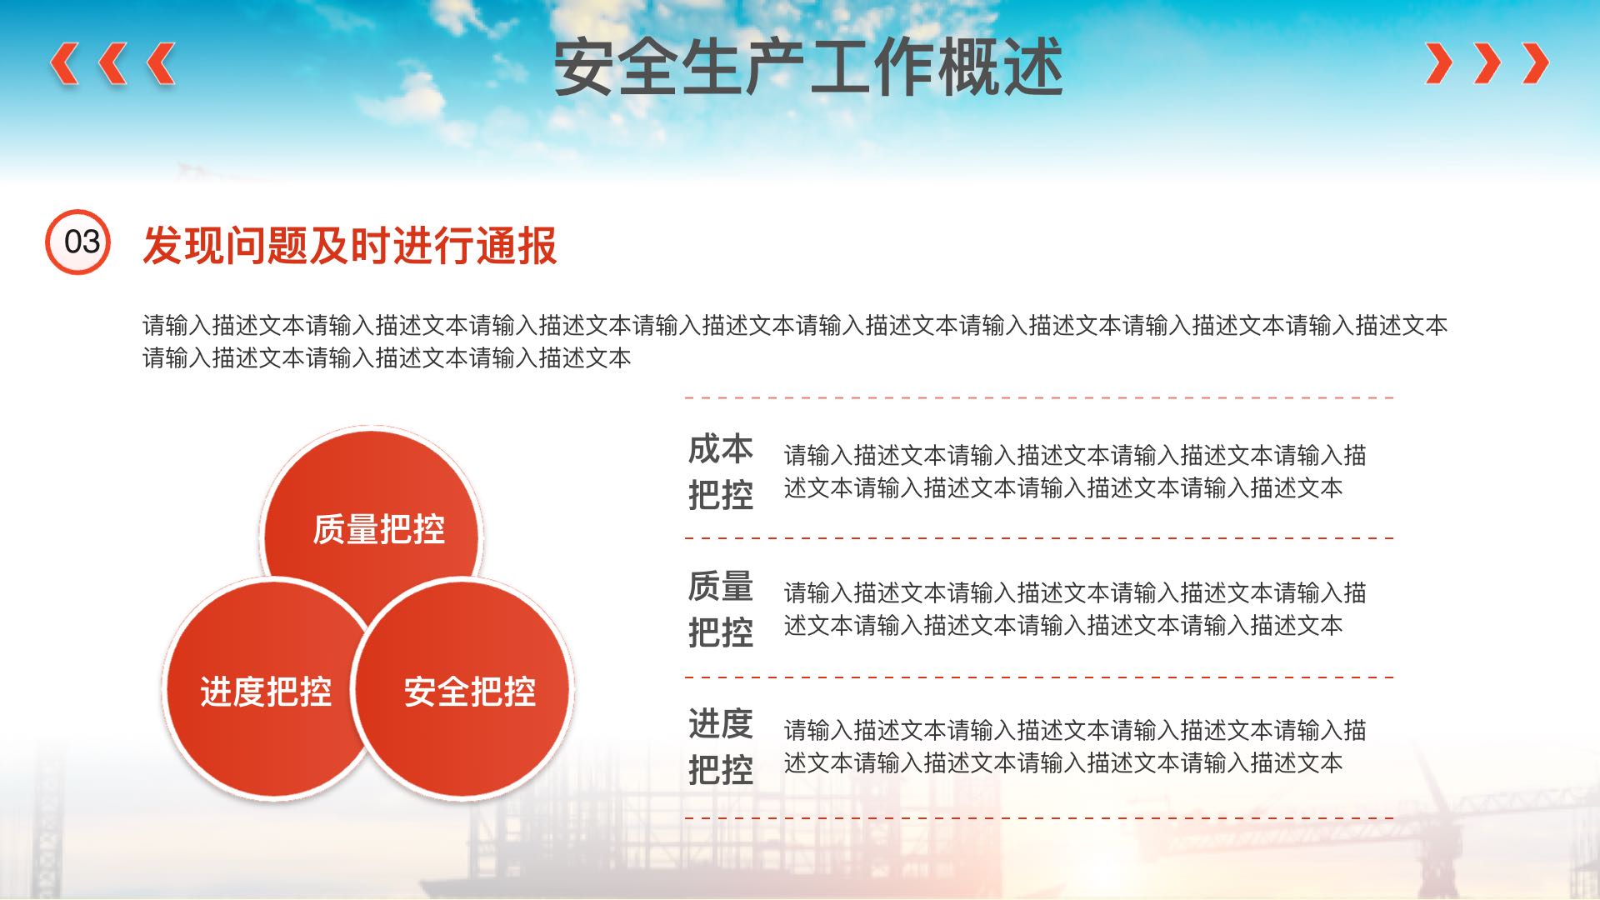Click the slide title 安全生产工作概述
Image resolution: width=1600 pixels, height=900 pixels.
808,67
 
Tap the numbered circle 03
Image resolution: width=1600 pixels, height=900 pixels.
77,242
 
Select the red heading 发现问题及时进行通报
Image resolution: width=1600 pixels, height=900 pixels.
350,245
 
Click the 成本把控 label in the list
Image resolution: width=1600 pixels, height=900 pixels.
721,472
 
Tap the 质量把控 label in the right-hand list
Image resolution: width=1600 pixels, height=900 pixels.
721,609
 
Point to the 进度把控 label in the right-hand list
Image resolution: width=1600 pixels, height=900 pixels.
721,747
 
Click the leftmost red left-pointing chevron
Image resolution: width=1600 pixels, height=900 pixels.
64,63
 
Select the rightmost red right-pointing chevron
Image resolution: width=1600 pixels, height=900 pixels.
1535,63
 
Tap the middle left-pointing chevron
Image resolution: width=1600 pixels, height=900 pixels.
112,63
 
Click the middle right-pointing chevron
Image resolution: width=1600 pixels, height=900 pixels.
1487,63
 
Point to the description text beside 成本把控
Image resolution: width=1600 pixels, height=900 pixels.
1075,472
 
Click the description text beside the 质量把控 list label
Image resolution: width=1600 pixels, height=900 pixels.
1075,609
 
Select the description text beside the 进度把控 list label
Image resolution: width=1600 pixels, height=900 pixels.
1075,747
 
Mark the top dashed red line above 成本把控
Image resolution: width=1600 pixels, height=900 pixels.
1039,397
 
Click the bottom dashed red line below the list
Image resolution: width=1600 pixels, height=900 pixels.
1039,817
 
